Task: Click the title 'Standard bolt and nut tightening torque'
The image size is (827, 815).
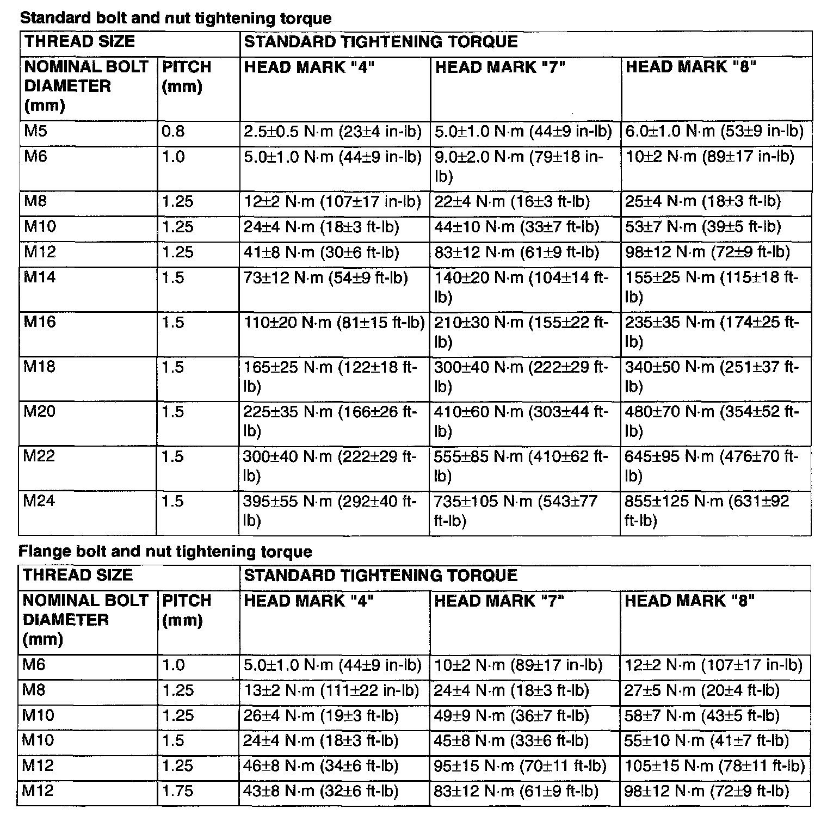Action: tap(175, 18)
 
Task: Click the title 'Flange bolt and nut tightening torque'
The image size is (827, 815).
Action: tap(165, 552)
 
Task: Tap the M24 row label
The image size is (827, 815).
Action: tap(39, 501)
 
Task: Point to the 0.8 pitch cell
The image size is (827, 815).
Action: tap(174, 131)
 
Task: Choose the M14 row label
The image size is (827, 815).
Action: tap(40, 277)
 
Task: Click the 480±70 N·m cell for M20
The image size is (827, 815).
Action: tap(712, 421)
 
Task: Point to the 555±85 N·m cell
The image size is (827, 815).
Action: tap(521, 465)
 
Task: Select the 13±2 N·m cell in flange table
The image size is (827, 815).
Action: tap(331, 690)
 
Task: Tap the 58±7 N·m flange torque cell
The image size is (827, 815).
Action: tap(702, 715)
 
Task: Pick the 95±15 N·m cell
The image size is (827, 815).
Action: tap(520, 765)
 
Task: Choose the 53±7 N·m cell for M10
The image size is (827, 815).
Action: tap(703, 226)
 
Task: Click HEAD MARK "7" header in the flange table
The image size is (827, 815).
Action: tap(499, 601)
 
